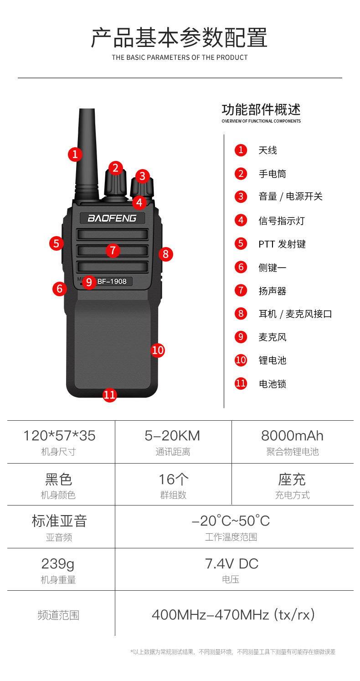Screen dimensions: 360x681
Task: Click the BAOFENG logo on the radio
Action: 112,218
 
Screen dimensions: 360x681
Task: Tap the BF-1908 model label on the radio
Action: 112,282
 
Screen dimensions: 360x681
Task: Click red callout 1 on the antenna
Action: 75,154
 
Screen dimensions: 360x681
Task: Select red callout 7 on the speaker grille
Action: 113,250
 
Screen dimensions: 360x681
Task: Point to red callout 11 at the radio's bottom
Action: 109,395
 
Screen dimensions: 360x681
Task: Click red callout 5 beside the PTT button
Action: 57,243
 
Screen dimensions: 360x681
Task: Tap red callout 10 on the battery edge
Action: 158,350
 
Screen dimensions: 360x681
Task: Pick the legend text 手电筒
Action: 272,174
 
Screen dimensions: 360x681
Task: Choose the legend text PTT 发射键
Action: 282,244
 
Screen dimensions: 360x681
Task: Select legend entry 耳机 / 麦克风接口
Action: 295,314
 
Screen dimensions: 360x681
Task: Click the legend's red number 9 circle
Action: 241,337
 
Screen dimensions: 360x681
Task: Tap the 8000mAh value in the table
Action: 292,436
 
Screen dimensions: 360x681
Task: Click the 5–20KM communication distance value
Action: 172,436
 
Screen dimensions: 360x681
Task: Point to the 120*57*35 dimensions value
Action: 59,436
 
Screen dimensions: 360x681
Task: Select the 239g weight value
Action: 58,564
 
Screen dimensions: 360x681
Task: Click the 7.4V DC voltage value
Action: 231,564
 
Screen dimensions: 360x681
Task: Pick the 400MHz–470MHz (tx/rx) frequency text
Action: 233,615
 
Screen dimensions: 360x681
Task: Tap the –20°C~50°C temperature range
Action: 231,521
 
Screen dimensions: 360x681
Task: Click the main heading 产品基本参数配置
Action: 179,38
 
